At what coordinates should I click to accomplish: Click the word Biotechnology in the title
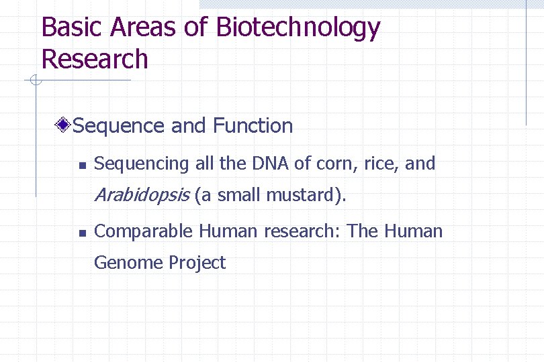(298, 28)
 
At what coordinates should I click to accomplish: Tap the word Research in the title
(94, 58)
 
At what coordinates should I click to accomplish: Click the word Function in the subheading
(253, 125)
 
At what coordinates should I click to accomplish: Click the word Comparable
(144, 232)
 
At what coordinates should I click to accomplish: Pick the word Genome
(128, 263)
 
